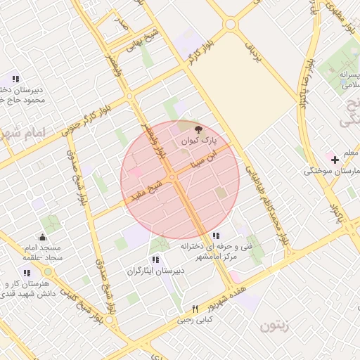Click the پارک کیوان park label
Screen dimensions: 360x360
point(199,141)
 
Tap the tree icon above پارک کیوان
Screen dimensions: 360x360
point(199,129)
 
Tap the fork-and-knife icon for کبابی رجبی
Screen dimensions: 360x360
point(195,309)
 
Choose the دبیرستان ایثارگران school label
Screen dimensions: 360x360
point(155,271)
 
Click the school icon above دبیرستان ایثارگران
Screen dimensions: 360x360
point(155,259)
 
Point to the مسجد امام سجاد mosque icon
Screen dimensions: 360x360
point(44,237)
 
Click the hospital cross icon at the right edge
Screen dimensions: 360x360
point(335,160)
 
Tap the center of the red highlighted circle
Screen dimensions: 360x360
point(180,180)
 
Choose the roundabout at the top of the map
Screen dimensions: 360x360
point(229,24)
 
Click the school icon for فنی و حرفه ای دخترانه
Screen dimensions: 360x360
point(216,236)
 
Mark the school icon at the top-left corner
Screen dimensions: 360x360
point(15,78)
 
